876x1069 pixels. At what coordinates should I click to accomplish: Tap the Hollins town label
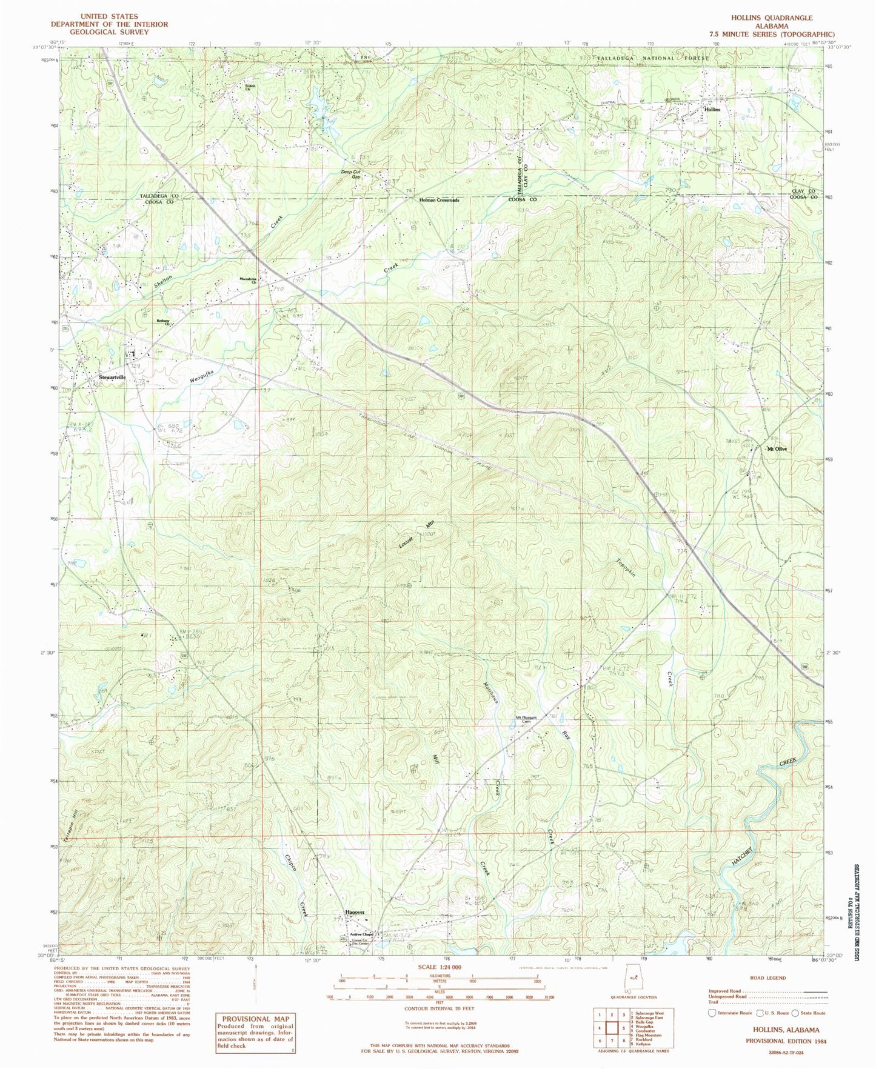(x=712, y=110)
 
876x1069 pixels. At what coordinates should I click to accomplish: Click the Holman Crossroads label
(x=438, y=199)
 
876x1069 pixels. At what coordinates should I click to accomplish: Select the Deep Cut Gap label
(x=350, y=175)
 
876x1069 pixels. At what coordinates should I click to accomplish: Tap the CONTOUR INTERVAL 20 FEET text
(x=438, y=1010)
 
